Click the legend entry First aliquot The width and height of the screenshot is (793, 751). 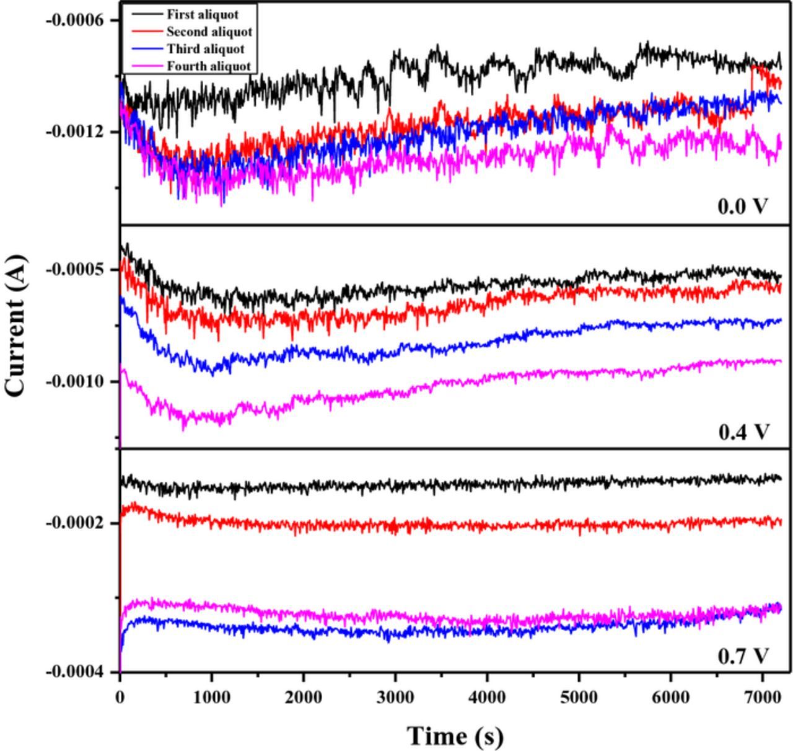click(202, 14)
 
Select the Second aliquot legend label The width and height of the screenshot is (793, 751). click(209, 32)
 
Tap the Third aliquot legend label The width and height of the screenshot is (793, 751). click(205, 49)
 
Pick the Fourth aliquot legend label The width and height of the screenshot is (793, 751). click(208, 66)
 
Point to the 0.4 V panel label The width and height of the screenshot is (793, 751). click(743, 431)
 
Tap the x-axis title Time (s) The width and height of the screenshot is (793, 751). click(455, 736)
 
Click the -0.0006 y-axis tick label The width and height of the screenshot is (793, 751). click(74, 20)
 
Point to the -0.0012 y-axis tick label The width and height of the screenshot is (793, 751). click(74, 131)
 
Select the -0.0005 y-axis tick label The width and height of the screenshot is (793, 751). click(74, 270)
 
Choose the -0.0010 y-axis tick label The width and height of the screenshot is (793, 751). click(74, 381)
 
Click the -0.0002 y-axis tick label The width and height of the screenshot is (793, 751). click(74, 523)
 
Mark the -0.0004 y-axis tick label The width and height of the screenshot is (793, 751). click(74, 672)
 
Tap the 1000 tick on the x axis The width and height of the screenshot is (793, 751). click(211, 697)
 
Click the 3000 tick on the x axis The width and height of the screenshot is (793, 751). click(395, 697)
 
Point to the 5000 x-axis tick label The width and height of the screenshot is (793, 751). click(579, 697)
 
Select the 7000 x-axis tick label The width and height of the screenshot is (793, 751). click(763, 697)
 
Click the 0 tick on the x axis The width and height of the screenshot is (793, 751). click(120, 697)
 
